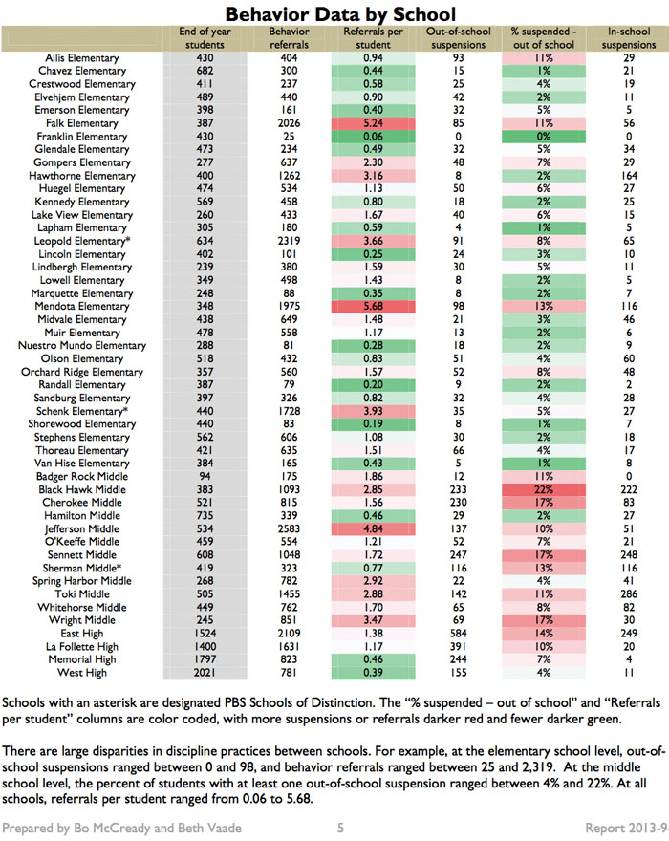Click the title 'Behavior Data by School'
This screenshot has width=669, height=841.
tap(340, 13)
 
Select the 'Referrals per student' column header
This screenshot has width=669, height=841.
tap(373, 38)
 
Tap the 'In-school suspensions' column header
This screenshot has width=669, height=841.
tap(629, 38)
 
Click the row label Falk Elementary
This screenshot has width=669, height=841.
tap(81, 123)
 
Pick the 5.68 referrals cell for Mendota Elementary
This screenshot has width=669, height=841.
tap(373, 306)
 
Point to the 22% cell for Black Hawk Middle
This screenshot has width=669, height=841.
tap(544, 489)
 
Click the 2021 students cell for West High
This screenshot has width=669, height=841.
tap(205, 673)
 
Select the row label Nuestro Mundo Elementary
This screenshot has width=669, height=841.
tap(82, 345)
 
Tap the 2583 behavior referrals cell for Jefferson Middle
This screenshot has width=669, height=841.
tap(289, 528)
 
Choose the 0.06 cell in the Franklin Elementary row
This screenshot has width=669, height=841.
tap(373, 137)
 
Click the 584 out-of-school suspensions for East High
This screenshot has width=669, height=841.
tap(458, 634)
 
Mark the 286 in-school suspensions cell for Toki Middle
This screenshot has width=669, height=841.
tap(629, 594)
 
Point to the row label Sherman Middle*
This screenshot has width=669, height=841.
tap(82, 568)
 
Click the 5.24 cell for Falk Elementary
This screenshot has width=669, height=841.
tap(373, 123)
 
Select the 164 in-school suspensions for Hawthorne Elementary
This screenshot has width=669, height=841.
tap(629, 176)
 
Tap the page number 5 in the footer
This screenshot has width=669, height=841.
tap(340, 828)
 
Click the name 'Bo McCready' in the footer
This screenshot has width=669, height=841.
tap(112, 829)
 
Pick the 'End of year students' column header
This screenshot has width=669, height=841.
tap(205, 38)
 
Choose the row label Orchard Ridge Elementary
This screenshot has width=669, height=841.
tap(82, 372)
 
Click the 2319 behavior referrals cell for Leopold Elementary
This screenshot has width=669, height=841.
tap(289, 241)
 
